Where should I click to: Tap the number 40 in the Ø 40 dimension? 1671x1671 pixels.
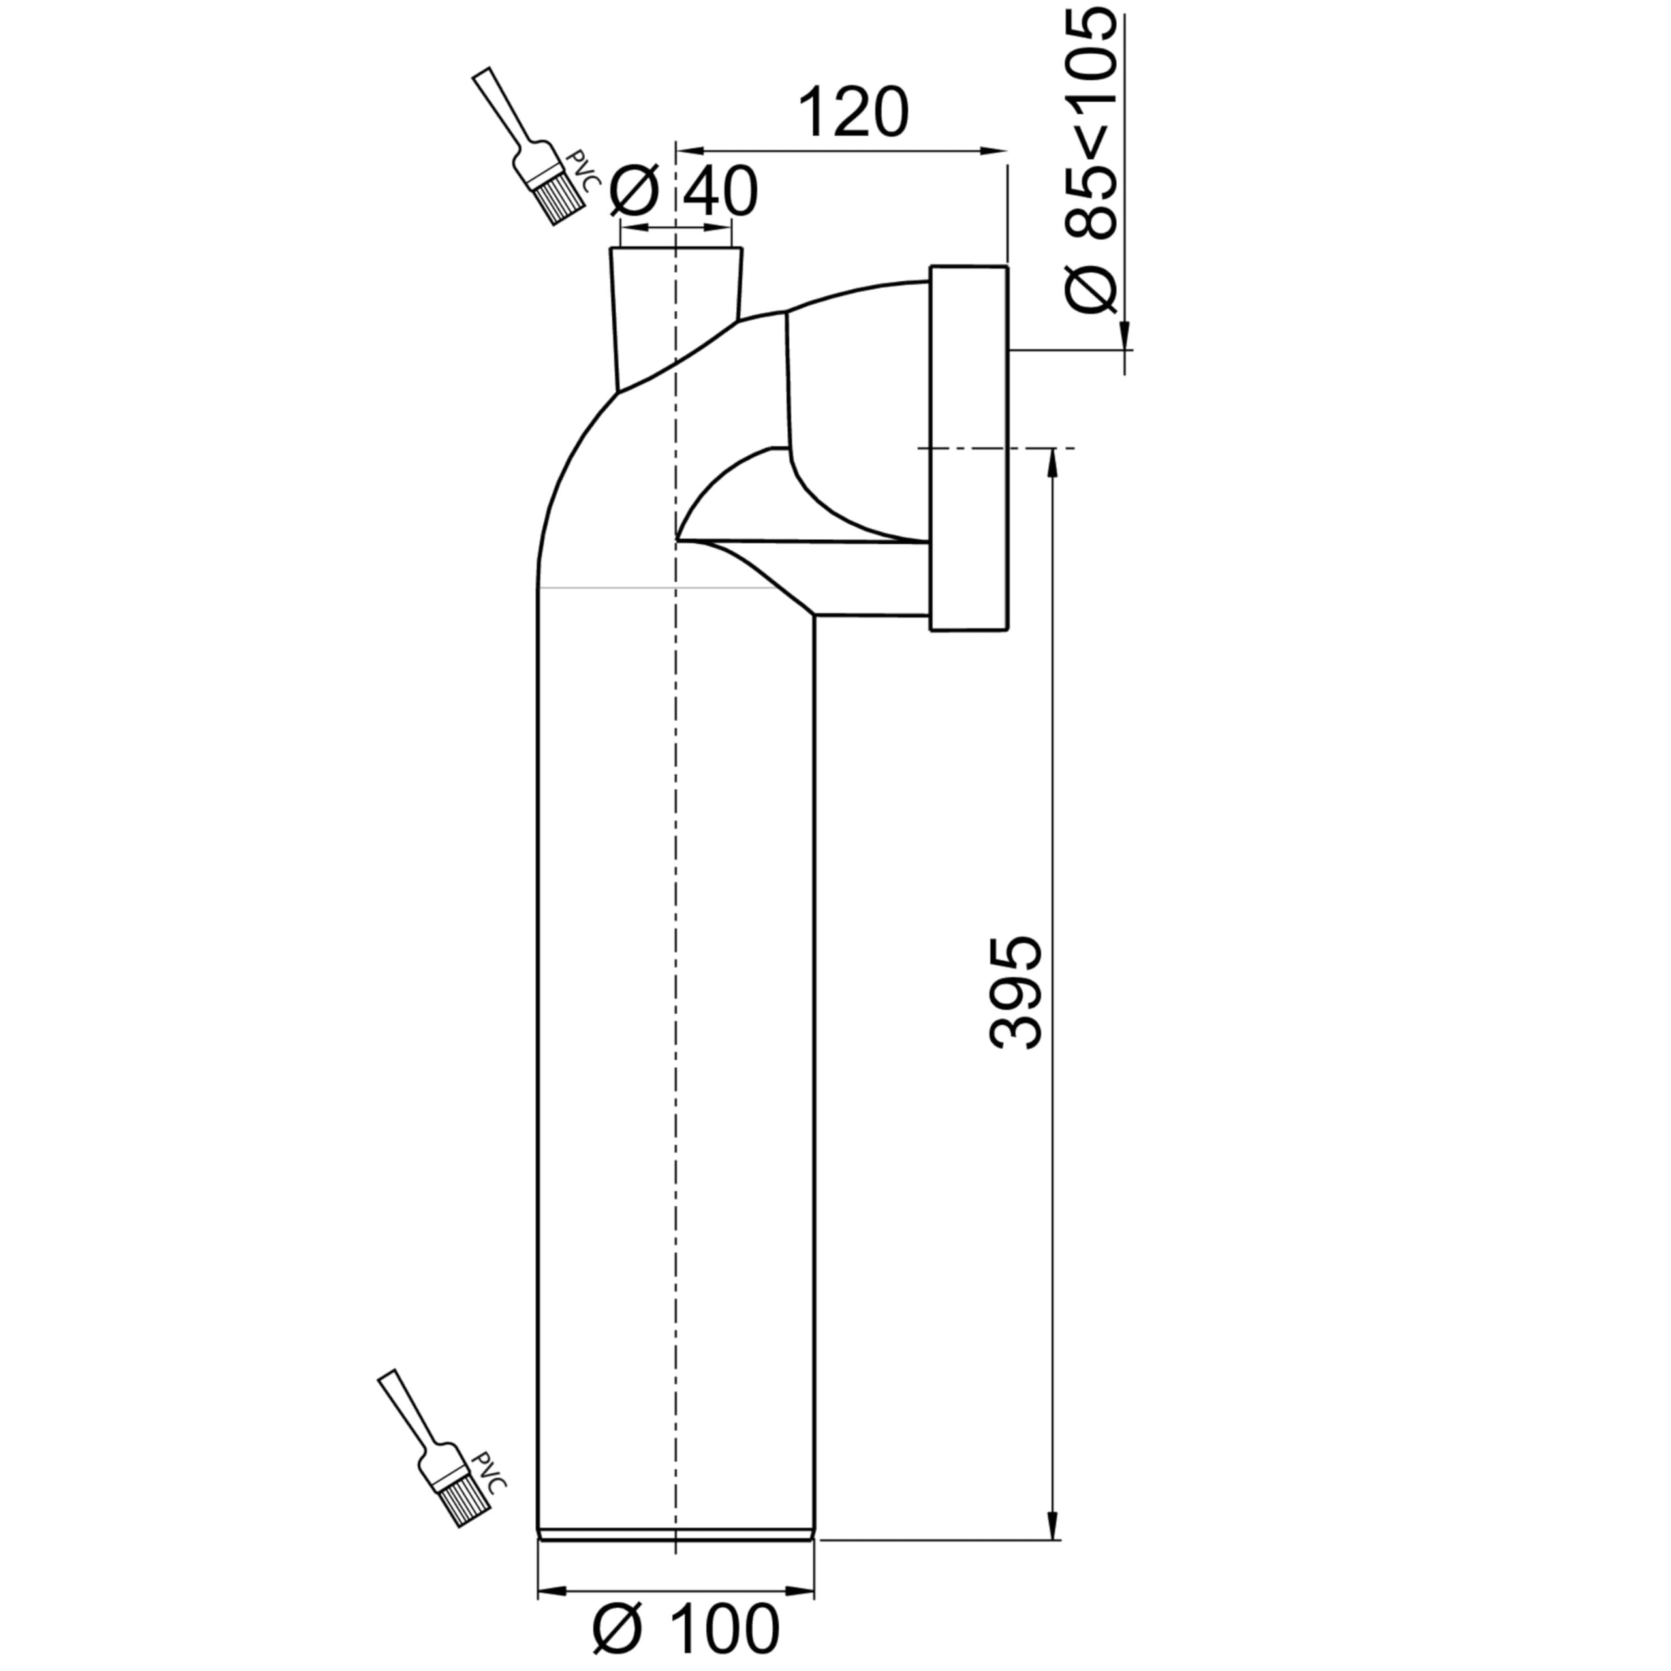[x=719, y=191]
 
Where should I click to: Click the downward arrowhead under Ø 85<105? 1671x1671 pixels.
[x=1125, y=335]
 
